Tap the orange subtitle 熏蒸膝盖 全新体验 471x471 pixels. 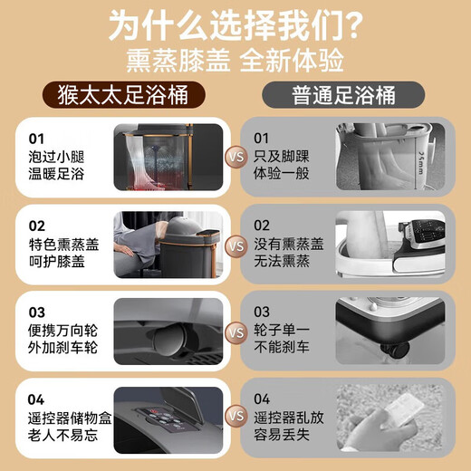coord(235,62)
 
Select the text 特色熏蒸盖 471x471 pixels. coord(62,244)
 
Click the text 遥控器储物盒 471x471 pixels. coord(68,418)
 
